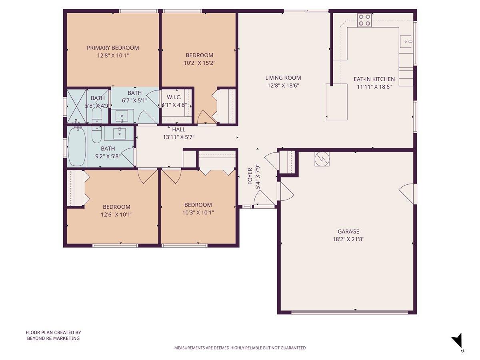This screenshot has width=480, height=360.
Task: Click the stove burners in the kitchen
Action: (x=364, y=20)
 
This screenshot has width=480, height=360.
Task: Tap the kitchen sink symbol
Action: (x=406, y=41)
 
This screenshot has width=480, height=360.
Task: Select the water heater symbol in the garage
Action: (x=322, y=159)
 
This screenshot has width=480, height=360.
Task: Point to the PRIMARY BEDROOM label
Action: (x=113, y=48)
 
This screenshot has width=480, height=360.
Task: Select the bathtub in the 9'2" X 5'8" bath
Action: (x=76, y=146)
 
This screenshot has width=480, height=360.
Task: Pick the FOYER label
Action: (x=250, y=176)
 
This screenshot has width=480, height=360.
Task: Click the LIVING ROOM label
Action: (x=283, y=78)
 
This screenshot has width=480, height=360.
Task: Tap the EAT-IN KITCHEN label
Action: (x=374, y=79)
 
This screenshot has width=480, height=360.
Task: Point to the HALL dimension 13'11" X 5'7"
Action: (x=178, y=137)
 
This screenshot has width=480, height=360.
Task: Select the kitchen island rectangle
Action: (x=336, y=102)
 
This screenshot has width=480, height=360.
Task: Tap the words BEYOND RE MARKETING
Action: (x=53, y=338)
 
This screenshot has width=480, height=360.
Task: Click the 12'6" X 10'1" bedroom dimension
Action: (x=116, y=214)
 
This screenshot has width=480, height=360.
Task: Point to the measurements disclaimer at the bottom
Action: (x=240, y=348)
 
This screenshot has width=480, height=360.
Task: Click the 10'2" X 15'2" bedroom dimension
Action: (x=199, y=63)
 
